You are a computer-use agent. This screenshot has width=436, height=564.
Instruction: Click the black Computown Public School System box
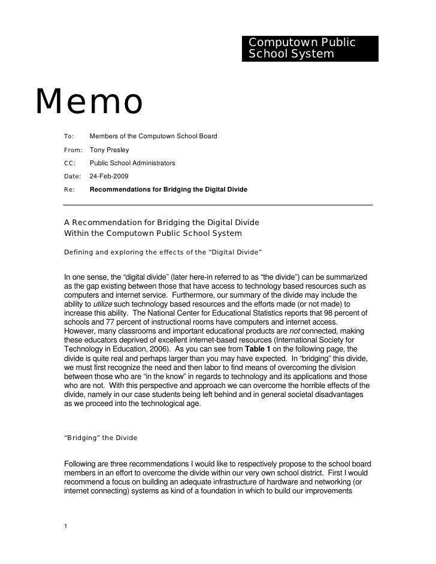pyautogui.click(x=311, y=48)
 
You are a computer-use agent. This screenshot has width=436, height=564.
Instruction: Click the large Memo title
pyautogui.click(x=90, y=102)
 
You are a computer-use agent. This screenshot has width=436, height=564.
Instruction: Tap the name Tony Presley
pyautogui.click(x=110, y=150)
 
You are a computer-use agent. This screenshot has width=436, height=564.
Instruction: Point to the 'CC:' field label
pyautogui.click(x=69, y=163)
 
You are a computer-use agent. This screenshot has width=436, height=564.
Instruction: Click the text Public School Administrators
pyautogui.click(x=132, y=163)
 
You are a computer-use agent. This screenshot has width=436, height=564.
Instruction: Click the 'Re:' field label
pyautogui.click(x=69, y=190)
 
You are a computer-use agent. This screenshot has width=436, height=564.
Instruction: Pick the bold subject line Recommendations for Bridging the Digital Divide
pyautogui.click(x=168, y=190)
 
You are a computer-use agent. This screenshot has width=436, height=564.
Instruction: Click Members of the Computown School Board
pyautogui.click(x=153, y=137)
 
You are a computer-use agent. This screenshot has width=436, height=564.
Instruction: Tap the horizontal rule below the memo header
pyautogui.click(x=218, y=205)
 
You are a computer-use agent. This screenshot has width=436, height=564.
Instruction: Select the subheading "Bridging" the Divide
pyautogui.click(x=101, y=439)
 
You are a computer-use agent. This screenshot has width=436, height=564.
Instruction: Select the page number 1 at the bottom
pyautogui.click(x=66, y=526)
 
